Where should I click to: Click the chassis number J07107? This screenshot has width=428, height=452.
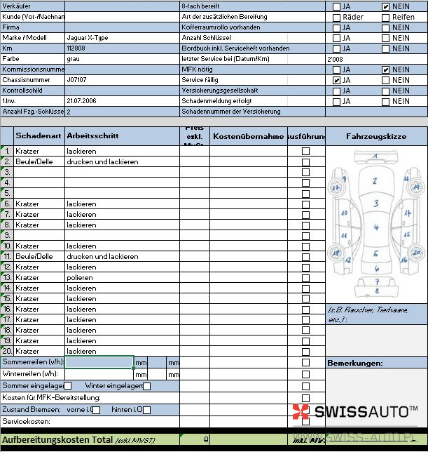[77, 80]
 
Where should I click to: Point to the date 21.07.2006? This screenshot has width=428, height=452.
[81, 101]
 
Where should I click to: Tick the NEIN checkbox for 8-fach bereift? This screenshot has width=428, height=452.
[385, 6]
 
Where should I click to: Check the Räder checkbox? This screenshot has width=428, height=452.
[337, 17]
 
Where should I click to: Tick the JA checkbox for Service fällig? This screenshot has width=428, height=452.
[337, 81]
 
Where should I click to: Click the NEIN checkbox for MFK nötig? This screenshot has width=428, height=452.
[385, 70]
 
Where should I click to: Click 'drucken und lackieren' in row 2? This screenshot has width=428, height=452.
[102, 161]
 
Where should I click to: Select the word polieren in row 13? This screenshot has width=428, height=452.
[81, 277]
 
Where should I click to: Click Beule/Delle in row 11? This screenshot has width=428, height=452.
[34, 256]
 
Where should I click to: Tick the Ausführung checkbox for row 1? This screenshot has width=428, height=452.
[305, 152]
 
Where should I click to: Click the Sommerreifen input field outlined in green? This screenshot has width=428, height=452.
[99, 362]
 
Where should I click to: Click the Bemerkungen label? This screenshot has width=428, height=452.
[354, 363]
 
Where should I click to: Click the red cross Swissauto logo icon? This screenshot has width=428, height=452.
[300, 412]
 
